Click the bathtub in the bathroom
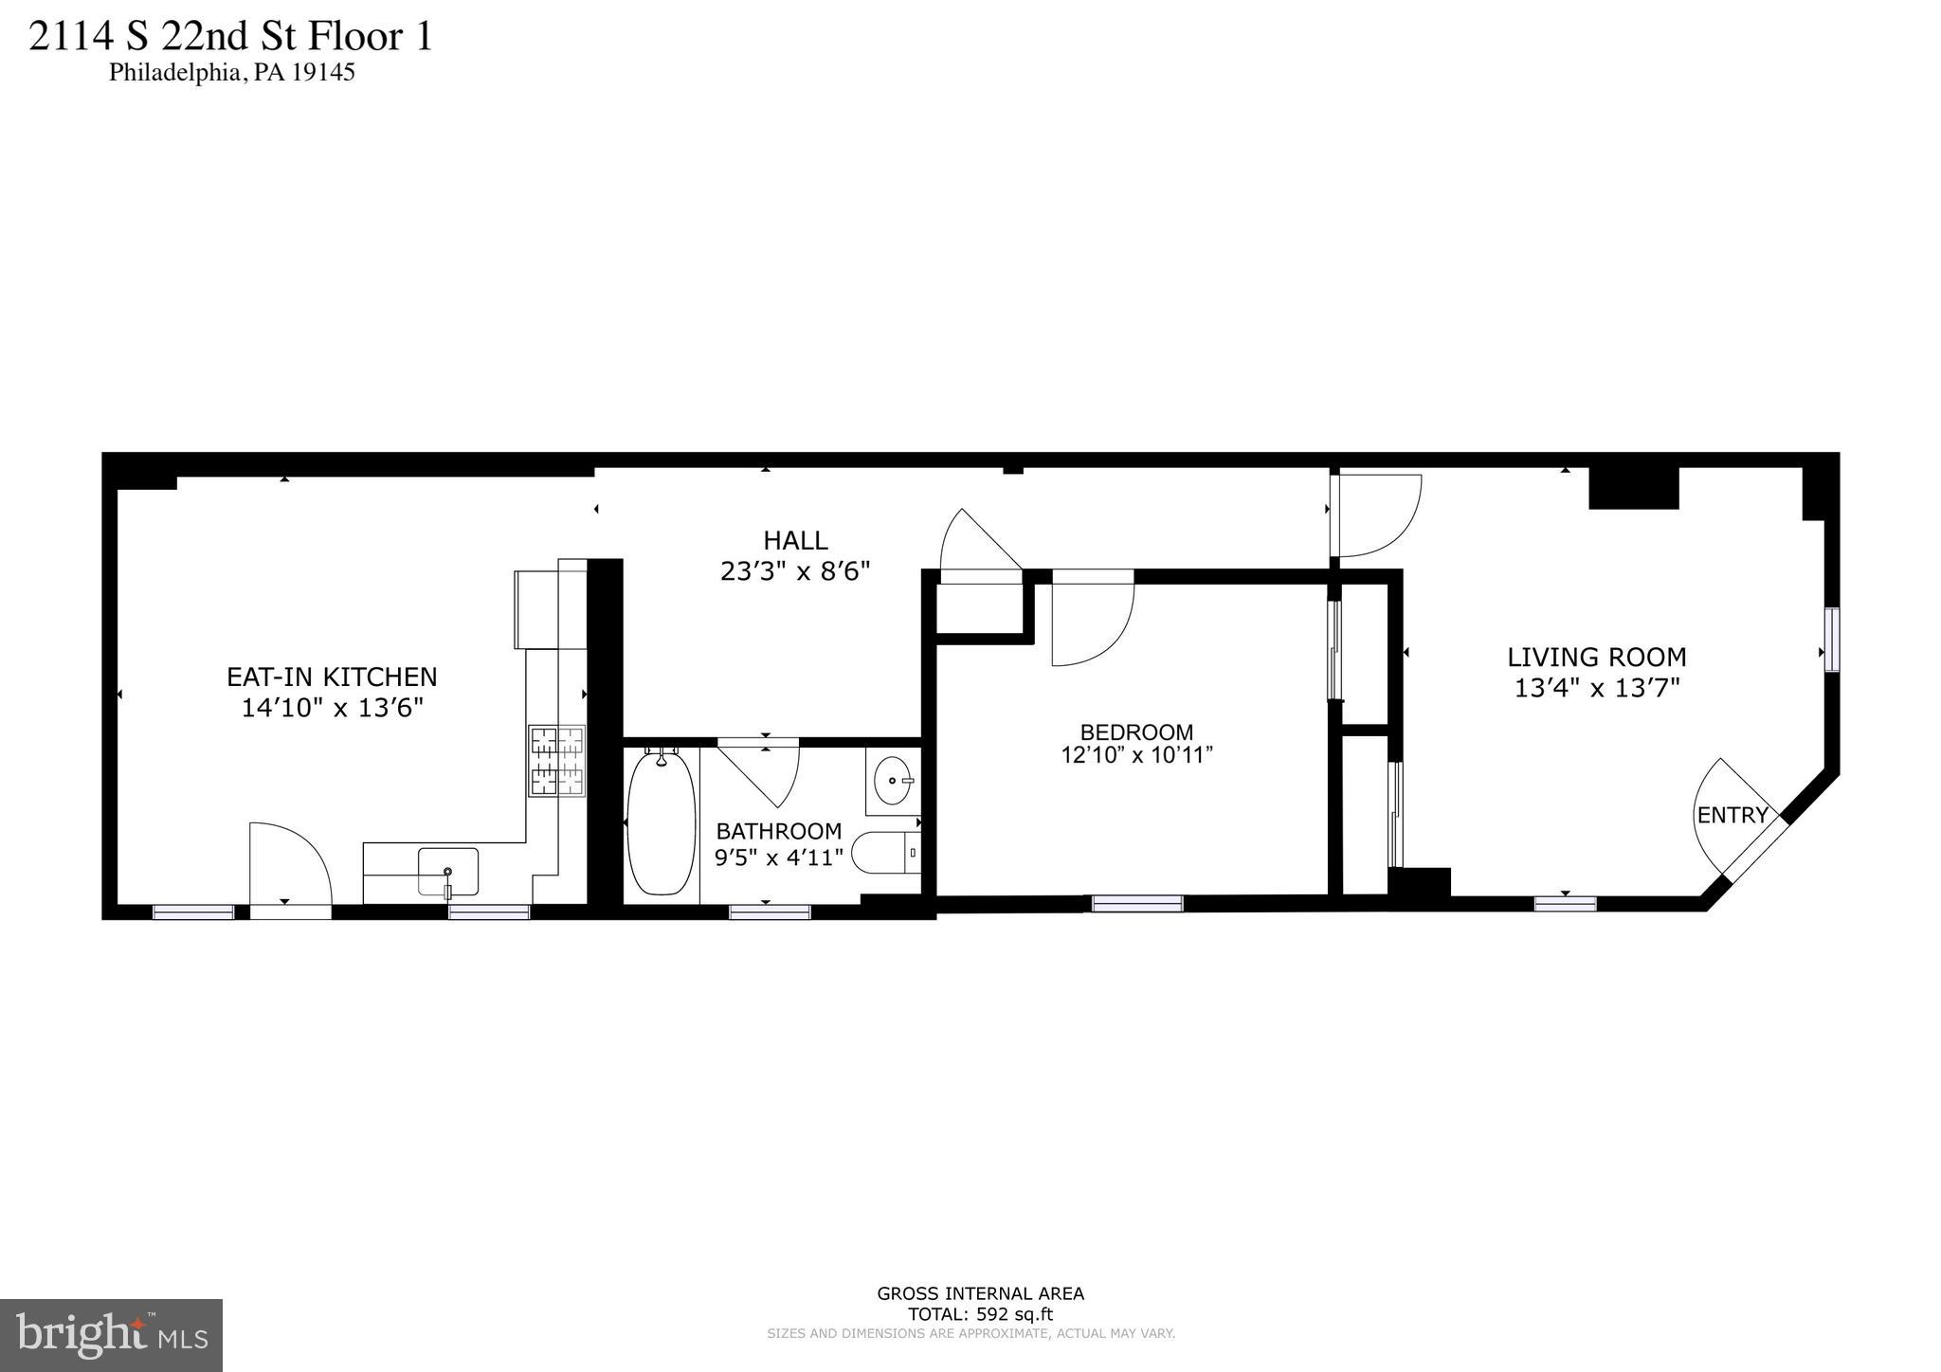(661, 823)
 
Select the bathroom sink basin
(892, 780)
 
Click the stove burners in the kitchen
(556, 761)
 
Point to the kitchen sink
(447, 871)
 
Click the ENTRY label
(1732, 815)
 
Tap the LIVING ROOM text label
(1597, 657)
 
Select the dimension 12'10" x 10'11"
(1136, 755)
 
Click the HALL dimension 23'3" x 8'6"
(795, 571)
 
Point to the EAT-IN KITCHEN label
(332, 677)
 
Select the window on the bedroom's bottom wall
(1137, 904)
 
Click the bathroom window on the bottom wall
(770, 912)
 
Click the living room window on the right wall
(1832, 640)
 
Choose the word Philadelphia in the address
(176, 73)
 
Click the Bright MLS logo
(111, 1335)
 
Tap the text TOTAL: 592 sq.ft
(980, 1314)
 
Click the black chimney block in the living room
(1633, 487)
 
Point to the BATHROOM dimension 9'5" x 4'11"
(778, 858)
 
